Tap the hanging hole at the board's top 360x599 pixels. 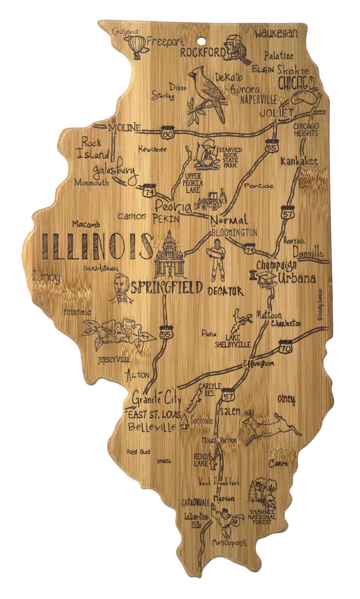(x=201, y=41)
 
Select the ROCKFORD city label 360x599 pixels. (x=202, y=53)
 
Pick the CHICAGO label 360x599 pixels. (x=296, y=83)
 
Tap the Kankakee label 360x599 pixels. (x=298, y=161)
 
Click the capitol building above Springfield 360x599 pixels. (x=170, y=255)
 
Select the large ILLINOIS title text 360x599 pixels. (x=97, y=246)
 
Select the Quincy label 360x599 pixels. (x=46, y=277)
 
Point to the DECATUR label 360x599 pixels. (x=225, y=291)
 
